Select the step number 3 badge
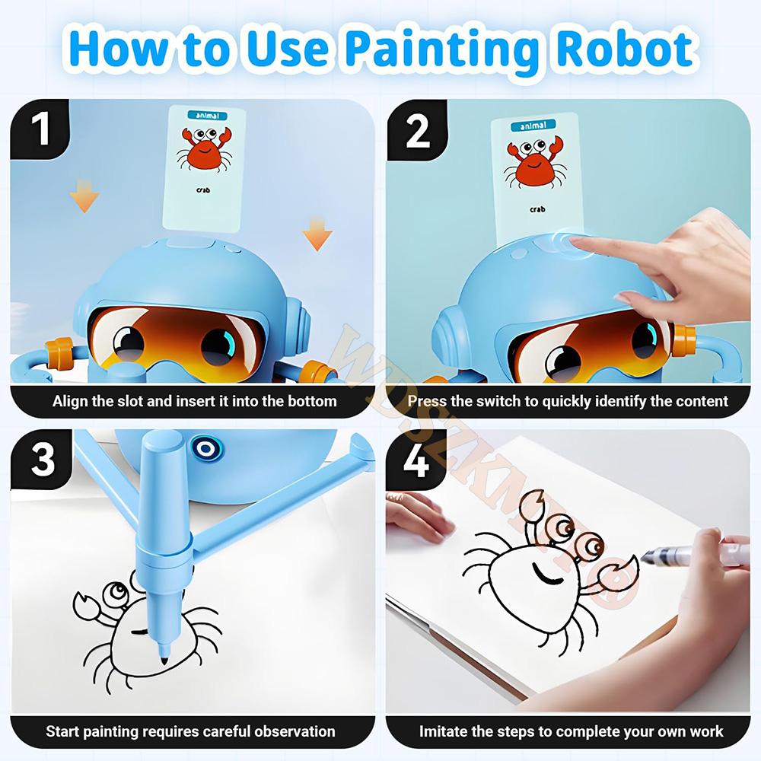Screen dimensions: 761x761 [43, 460]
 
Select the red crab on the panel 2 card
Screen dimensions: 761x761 [533, 163]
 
